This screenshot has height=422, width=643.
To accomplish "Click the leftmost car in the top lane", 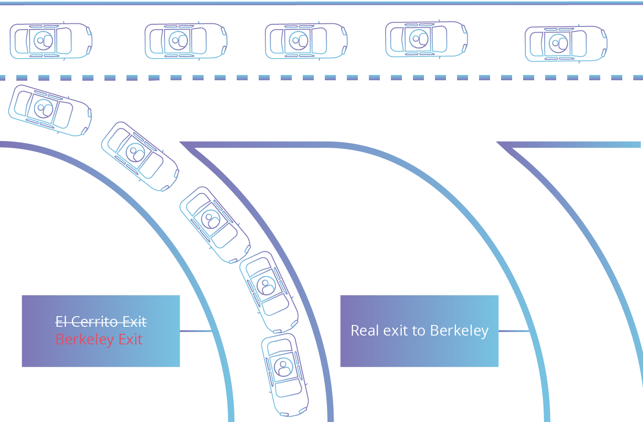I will [x=51, y=41].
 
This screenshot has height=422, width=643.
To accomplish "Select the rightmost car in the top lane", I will [x=566, y=44].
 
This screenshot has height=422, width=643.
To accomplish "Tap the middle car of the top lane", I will [x=306, y=41].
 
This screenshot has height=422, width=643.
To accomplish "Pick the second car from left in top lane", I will [x=186, y=41].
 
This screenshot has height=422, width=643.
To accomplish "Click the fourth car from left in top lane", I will [x=426, y=39].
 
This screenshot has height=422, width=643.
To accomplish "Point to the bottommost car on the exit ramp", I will [x=284, y=374].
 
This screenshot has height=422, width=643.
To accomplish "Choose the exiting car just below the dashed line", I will [x=50, y=110].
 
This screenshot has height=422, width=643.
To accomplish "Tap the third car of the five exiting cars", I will [x=215, y=224].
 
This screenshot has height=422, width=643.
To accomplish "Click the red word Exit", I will [x=130, y=340].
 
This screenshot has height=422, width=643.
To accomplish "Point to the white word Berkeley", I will [x=459, y=331].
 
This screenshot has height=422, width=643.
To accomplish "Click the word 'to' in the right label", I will [x=419, y=331].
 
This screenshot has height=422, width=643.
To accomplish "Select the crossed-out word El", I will [x=61, y=322].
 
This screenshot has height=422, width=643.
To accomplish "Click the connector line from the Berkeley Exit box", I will [x=196, y=331].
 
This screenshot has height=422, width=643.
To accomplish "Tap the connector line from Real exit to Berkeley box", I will [x=514, y=331].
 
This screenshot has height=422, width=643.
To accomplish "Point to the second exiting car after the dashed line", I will [x=140, y=157].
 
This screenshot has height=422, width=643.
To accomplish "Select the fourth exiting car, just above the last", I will [x=268, y=291].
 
